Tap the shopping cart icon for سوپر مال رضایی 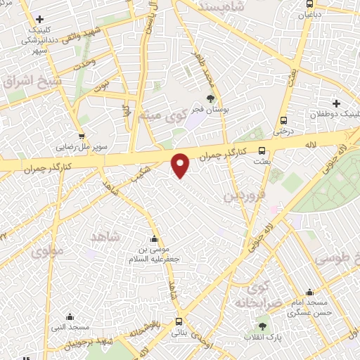click(82, 136)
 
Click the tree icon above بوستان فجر click(210, 98)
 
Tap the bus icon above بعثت click(262, 150)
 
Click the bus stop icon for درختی click(283, 120)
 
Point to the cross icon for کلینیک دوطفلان click(337, 103)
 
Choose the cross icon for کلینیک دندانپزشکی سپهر click(39, 20)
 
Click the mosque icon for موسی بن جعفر click(155, 239)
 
